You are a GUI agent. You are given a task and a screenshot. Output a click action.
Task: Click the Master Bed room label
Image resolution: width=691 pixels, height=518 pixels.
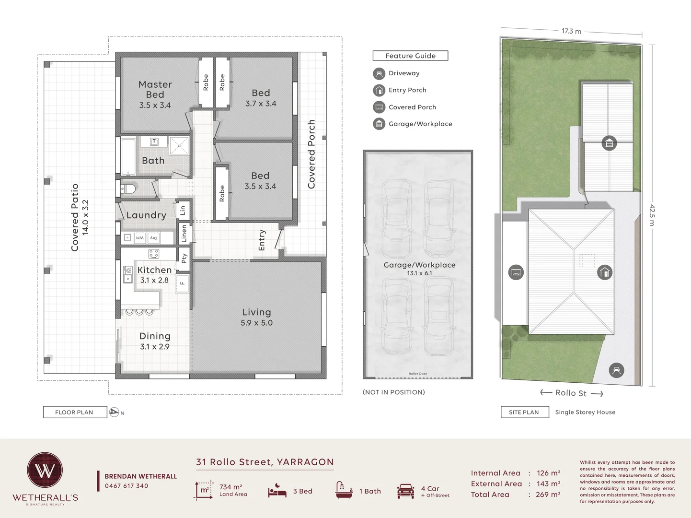[155, 89]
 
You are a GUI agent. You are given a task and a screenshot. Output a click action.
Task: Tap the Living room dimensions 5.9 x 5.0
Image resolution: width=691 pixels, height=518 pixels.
[256, 323]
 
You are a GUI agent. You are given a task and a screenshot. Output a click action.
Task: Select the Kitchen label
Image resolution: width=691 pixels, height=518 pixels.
[154, 270]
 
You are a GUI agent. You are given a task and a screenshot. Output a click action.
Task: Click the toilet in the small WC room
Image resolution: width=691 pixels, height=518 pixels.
[127, 188]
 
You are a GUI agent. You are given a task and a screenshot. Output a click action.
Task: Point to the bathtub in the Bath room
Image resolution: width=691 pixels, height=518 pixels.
[128, 156]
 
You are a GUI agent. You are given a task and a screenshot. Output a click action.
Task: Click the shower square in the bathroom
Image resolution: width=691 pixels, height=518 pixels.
[179, 145]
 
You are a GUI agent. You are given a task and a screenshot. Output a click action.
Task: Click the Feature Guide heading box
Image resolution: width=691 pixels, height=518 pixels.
[410, 56]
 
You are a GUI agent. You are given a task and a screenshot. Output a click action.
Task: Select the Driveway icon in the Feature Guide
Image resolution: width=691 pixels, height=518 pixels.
[379, 73]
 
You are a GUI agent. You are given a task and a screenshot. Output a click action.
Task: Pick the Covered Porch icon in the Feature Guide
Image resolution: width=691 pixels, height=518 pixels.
[379, 107]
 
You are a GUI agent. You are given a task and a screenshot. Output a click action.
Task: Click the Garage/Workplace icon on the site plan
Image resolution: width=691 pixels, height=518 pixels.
[609, 143]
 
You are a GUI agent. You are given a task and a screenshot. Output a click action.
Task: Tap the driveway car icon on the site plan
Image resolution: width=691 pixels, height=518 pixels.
[616, 370]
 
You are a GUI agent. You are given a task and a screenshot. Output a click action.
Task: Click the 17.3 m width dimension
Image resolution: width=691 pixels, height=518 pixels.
[571, 31]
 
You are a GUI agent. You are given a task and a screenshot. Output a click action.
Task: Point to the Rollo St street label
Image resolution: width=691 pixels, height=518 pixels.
[571, 393]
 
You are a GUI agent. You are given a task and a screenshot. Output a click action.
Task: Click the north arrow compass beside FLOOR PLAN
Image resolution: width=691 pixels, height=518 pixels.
[114, 412]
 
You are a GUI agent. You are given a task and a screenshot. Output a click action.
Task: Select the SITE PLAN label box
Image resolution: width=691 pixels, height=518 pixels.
[524, 412]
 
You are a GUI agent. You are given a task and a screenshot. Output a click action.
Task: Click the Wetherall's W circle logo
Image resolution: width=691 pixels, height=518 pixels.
[45, 470]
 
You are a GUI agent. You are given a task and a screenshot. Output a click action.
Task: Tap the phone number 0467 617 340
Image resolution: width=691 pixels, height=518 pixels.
[127, 486]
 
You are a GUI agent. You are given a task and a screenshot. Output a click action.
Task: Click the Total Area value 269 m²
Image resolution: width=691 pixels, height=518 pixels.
[549, 494]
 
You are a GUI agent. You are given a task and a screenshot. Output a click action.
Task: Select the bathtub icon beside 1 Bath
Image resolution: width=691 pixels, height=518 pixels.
[344, 490]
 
